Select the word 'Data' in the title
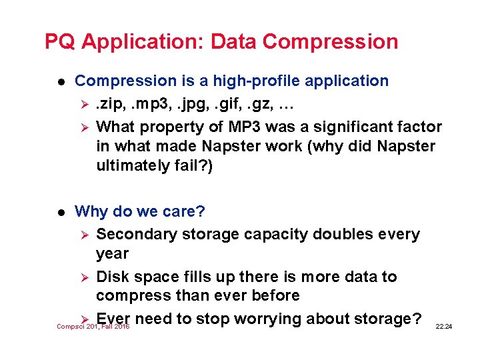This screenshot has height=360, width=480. click(234, 42)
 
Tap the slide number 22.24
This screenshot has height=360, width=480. click(443, 326)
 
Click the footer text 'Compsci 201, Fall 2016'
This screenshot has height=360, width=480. click(93, 327)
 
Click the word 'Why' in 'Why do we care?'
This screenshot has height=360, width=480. click(91, 212)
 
